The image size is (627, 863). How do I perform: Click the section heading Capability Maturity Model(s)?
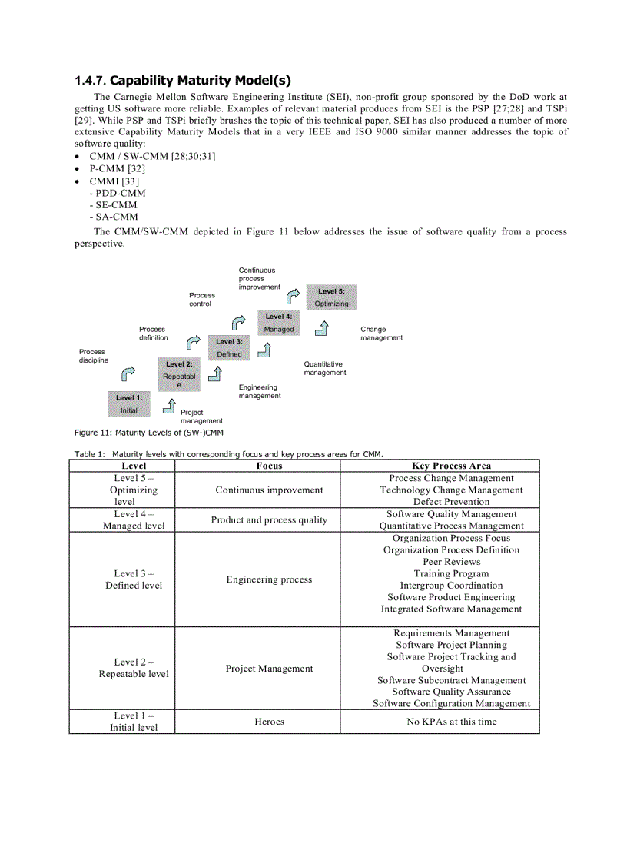click(183, 81)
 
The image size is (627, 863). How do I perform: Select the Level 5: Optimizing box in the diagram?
click(331, 297)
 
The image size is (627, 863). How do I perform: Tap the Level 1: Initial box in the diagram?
click(129, 403)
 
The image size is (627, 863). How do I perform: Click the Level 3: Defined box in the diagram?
click(229, 347)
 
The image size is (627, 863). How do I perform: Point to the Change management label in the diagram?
click(381, 334)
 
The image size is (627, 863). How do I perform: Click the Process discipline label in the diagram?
click(94, 356)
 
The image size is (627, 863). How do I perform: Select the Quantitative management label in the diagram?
click(324, 368)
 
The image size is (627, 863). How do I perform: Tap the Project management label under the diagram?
click(201, 417)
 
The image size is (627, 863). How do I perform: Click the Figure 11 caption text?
click(148, 433)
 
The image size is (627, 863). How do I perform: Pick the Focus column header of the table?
click(269, 466)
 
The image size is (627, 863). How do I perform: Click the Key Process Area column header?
click(451, 466)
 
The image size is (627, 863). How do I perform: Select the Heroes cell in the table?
click(269, 722)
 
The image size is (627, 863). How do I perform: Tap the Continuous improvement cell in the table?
click(269, 490)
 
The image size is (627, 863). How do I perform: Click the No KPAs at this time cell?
click(451, 722)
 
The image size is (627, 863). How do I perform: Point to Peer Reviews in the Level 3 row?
click(451, 562)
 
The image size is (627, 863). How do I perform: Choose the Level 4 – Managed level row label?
click(134, 519)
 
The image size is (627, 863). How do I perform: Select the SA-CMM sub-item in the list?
click(117, 217)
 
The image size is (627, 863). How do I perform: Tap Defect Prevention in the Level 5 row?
click(451, 502)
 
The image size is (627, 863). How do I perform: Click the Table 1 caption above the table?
click(228, 453)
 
